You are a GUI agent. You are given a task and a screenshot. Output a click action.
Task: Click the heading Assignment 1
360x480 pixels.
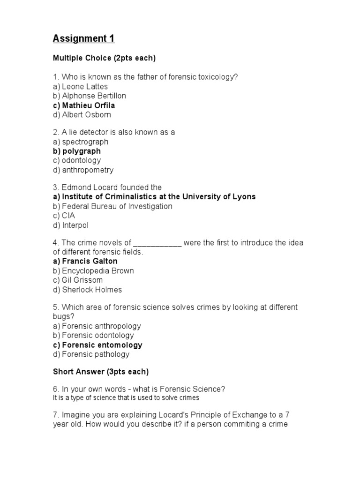[x=84, y=38]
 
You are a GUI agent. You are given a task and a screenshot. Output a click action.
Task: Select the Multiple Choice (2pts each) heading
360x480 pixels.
[x=104, y=58]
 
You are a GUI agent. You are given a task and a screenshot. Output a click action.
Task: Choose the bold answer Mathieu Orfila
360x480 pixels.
[x=84, y=105]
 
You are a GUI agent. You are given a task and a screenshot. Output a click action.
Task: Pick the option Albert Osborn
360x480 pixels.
[x=82, y=115]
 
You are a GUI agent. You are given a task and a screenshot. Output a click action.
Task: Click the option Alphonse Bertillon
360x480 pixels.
[x=90, y=96]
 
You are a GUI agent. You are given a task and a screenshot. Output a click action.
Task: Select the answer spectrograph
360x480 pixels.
[x=81, y=142]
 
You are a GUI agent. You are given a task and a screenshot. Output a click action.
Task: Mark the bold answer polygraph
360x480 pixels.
[x=77, y=151]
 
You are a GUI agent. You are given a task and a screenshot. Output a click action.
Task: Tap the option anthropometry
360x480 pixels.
[x=83, y=170]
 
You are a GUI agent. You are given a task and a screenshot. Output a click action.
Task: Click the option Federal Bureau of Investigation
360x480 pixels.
[x=112, y=207]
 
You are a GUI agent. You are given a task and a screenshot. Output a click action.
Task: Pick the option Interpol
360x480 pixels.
[x=71, y=225]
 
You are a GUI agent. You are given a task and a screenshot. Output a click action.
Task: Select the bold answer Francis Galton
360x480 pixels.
[x=85, y=261]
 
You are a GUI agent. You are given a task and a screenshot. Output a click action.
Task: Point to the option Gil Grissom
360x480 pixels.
[x=78, y=280]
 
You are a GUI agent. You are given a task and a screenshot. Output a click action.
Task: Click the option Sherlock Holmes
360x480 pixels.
[x=87, y=290]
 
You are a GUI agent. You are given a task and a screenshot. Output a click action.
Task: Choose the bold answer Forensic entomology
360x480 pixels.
[x=97, y=345]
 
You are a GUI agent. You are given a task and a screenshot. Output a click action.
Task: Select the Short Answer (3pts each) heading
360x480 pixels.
[x=101, y=372]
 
